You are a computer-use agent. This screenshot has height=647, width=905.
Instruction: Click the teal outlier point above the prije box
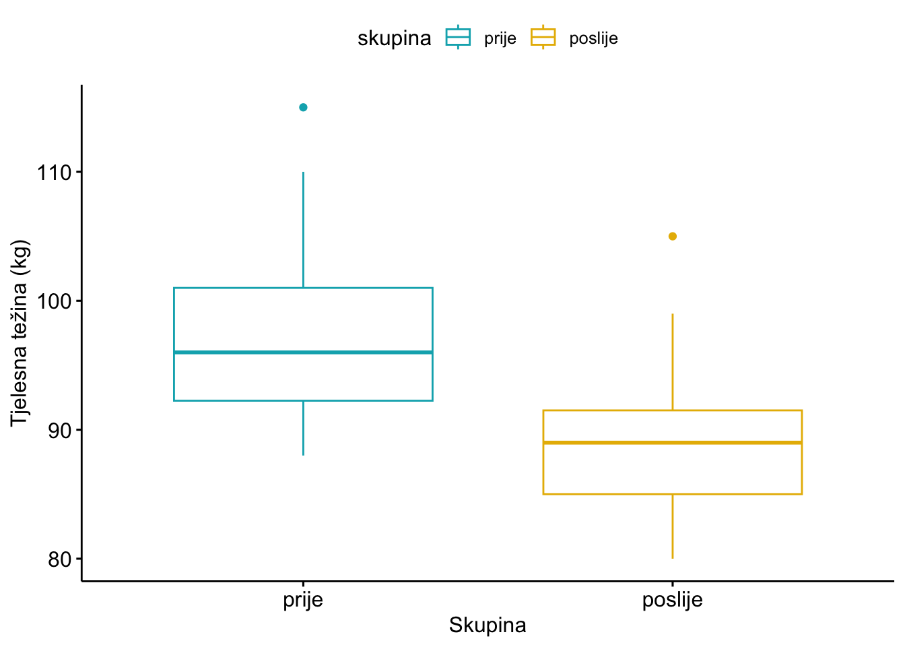pyautogui.click(x=303, y=107)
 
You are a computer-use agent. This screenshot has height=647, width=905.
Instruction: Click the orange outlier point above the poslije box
pyautogui.click(x=672, y=236)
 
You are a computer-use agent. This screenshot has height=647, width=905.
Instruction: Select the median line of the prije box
pyautogui.click(x=303, y=352)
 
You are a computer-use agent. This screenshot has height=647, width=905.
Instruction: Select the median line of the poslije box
pyautogui.click(x=672, y=442)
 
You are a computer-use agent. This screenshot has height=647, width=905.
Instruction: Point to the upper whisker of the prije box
pyautogui.click(x=303, y=229)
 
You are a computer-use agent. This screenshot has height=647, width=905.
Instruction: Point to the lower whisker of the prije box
pyautogui.click(x=303, y=428)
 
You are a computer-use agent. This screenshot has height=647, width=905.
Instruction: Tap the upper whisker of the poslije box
pyautogui.click(x=672, y=362)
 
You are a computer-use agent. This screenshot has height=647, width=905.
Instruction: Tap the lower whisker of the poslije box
pyautogui.click(x=672, y=526)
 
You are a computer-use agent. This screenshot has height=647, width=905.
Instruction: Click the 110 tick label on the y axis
pyautogui.click(x=55, y=173)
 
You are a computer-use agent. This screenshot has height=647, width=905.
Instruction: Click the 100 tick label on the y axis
pyautogui.click(x=55, y=301)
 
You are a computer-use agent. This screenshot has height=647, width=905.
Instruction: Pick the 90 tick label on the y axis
pyautogui.click(x=60, y=430)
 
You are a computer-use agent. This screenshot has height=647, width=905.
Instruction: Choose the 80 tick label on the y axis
pyautogui.click(x=60, y=559)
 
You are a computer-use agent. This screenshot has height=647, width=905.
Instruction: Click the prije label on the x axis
pyautogui.click(x=303, y=600)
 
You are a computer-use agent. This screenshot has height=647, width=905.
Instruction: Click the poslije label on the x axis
pyautogui.click(x=672, y=600)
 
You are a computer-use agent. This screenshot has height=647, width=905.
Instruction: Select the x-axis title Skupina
pyautogui.click(x=488, y=625)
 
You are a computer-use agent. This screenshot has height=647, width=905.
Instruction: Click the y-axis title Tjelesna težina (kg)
pyautogui.click(x=20, y=333)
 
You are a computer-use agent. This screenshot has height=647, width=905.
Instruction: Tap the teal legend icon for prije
pyautogui.click(x=458, y=38)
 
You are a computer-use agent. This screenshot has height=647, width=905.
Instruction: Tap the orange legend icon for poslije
pyautogui.click(x=543, y=38)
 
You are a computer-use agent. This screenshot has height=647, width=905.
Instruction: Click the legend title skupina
pyautogui.click(x=394, y=38)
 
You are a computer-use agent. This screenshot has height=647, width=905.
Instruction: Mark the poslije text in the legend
pyautogui.click(x=593, y=38)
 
